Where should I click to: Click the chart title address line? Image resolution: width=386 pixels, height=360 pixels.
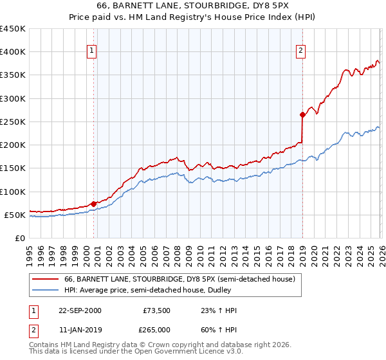pos(192,6)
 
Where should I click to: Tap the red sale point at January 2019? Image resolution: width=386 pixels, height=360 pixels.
pos(302,115)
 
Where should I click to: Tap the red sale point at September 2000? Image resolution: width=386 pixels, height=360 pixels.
pos(94,204)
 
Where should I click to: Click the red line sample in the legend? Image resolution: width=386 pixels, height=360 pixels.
pos(46,279)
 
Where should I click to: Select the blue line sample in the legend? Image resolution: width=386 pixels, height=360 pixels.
pos(46,289)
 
